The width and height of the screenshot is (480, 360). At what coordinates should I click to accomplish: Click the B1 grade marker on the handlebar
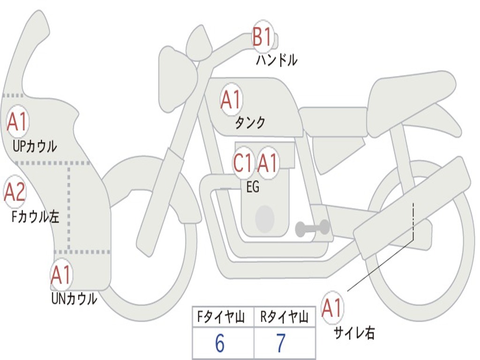[x=263, y=36]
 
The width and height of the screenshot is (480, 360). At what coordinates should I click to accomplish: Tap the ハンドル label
[x=277, y=60]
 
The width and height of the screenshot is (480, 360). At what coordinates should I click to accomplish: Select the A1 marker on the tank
[x=231, y=99]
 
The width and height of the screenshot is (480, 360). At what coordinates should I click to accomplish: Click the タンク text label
[x=250, y=122]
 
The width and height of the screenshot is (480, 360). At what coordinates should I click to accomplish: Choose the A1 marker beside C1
[x=268, y=163]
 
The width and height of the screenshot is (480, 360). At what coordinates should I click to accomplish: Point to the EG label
[x=253, y=187]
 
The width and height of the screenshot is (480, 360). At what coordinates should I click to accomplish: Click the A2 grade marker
[x=15, y=192]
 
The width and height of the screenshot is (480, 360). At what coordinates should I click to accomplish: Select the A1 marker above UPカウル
[x=18, y=121]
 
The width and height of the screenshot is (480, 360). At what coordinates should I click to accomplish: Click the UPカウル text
[x=35, y=146]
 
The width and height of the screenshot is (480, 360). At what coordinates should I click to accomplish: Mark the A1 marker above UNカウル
[x=61, y=275]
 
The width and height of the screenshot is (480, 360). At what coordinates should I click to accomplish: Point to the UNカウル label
[x=75, y=299]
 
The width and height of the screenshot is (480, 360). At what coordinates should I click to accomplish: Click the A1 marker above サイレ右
[x=332, y=307]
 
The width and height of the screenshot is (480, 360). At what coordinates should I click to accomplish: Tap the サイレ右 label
[x=354, y=333]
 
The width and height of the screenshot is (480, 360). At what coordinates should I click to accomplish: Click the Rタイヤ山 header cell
[x=285, y=317]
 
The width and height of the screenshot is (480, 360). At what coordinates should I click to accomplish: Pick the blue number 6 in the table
[x=220, y=343]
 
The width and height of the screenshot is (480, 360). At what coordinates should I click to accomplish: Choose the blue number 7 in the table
[x=281, y=343]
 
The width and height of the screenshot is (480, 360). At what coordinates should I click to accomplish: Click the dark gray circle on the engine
[x=265, y=218]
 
